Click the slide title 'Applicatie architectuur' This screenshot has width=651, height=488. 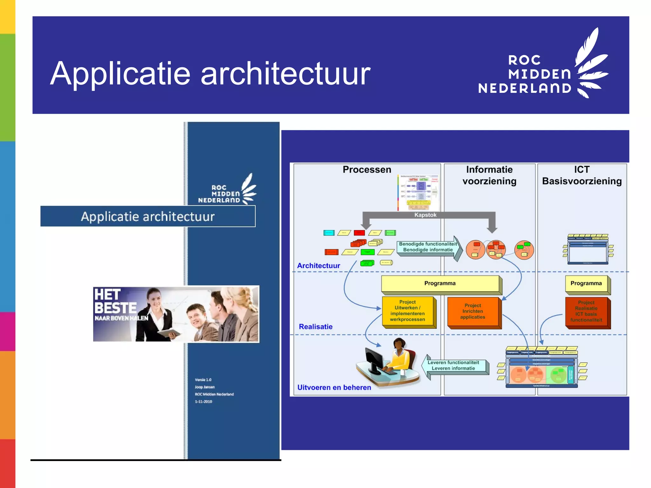[210, 74]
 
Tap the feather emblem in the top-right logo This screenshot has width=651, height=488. [591, 64]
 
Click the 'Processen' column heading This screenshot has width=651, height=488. [367, 170]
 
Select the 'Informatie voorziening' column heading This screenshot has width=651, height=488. [489, 175]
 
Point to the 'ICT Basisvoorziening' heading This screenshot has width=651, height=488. [582, 175]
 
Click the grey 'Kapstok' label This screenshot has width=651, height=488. [425, 215]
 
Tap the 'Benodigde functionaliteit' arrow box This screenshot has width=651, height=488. [428, 247]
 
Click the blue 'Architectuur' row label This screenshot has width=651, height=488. [318, 266]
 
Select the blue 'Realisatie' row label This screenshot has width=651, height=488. [316, 327]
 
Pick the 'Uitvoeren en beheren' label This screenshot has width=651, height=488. [334, 388]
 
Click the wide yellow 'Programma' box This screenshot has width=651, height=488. [440, 283]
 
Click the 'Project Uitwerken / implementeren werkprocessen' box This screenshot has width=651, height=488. [408, 311]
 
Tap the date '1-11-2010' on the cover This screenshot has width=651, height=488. [203, 402]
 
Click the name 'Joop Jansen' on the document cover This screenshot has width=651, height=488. [205, 387]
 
